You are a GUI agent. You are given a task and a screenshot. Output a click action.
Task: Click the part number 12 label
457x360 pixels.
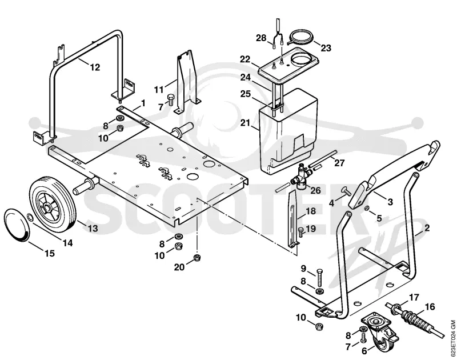point(95,67)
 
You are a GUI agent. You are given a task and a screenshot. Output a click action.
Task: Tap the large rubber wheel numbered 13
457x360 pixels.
point(53,205)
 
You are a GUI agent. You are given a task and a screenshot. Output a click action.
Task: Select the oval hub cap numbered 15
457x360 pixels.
point(17,225)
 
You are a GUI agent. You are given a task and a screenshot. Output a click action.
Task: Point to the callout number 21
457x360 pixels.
point(245,122)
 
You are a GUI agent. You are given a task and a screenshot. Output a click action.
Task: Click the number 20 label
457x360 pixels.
point(179,267)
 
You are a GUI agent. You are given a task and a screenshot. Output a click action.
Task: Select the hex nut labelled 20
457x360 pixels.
point(197,258)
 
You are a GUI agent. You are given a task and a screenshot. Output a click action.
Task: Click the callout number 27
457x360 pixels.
point(339,163)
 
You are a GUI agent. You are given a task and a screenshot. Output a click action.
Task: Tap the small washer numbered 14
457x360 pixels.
point(30,217)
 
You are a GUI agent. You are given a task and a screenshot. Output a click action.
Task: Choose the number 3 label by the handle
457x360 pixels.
point(390,201)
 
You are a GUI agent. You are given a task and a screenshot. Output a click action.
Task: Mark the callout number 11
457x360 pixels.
point(159,89)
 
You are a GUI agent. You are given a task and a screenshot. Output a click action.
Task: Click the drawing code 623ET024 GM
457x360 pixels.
point(452,338)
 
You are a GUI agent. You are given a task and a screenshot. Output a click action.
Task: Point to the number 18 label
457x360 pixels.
point(311,211)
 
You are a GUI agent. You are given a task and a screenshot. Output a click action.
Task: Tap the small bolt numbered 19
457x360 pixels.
point(300,233)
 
